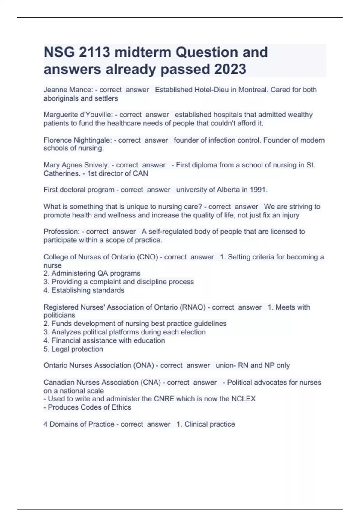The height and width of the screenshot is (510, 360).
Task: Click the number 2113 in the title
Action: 94,52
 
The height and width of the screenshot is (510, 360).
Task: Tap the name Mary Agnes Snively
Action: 76,165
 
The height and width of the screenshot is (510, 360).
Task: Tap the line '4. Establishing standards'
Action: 84,290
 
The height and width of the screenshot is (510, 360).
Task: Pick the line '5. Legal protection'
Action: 73,349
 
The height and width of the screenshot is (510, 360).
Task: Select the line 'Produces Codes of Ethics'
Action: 88,407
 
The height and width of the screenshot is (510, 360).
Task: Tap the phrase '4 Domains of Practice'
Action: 79,424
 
